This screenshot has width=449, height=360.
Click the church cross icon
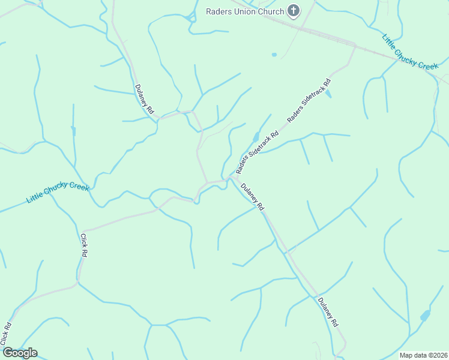(x=293, y=11)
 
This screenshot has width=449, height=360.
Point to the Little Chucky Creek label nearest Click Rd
(x=58, y=193)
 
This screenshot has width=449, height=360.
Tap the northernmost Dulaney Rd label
(x=145, y=98)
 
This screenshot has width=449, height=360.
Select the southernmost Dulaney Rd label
(x=328, y=312)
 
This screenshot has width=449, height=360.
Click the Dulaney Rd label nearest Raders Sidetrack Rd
(x=253, y=196)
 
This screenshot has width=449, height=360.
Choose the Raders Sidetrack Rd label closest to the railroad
(x=309, y=101)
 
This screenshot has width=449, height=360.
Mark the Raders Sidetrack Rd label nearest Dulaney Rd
(x=258, y=153)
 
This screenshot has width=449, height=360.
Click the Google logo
(x=19, y=353)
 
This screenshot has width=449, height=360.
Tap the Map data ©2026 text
(x=423, y=355)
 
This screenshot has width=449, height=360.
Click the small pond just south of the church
(x=274, y=55)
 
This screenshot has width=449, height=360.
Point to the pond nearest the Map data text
(x=425, y=315)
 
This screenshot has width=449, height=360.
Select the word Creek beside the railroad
(x=427, y=63)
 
